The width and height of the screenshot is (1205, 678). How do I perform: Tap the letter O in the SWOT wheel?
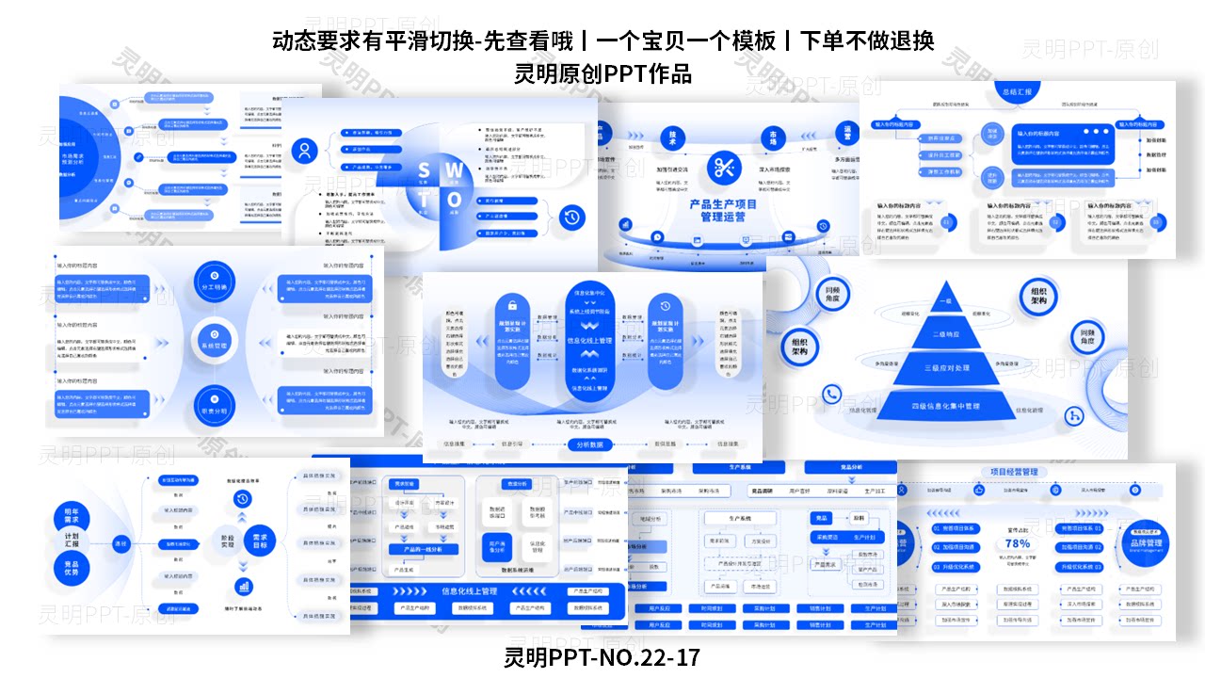click(x=455, y=200)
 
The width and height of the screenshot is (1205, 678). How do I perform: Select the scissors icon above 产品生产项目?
click(x=724, y=169)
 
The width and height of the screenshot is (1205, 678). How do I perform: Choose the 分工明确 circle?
click(x=215, y=280)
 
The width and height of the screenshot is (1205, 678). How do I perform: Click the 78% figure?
click(x=1018, y=543)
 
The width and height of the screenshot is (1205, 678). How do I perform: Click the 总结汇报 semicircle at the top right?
click(x=1018, y=91)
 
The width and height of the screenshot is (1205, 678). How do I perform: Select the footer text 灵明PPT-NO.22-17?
click(x=602, y=656)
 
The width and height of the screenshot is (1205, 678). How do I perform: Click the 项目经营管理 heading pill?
click(x=1014, y=472)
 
